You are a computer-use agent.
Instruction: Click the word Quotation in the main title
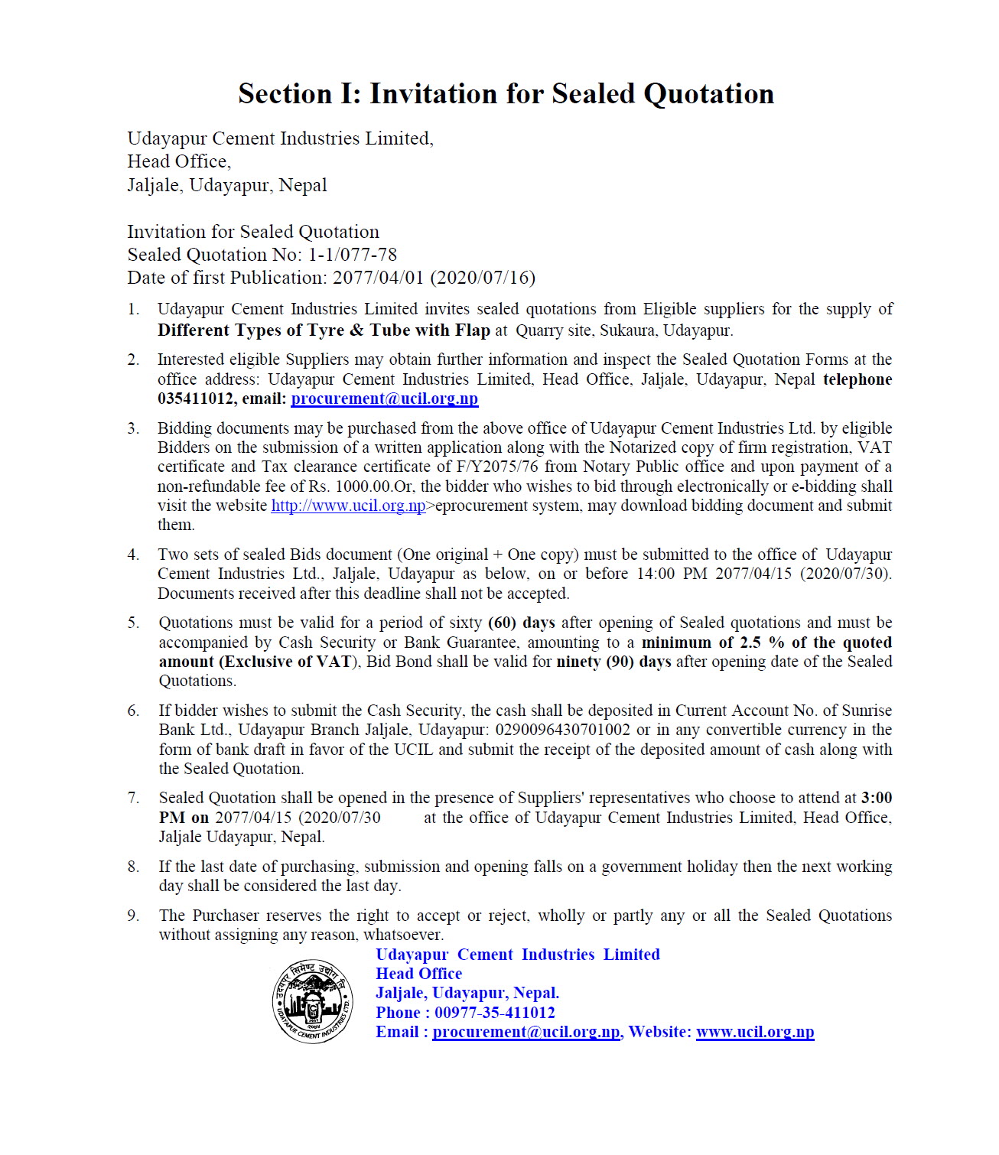(708, 94)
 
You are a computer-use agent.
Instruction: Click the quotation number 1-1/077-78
(353, 255)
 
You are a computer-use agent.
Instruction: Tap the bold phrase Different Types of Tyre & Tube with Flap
(324, 330)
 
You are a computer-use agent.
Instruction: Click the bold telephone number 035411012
(197, 399)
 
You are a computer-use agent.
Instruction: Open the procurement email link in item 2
(385, 399)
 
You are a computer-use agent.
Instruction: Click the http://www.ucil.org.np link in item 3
(348, 506)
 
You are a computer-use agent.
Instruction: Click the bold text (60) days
(521, 623)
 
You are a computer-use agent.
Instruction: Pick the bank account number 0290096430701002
(562, 730)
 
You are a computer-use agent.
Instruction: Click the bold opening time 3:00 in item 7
(877, 798)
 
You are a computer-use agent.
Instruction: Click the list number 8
(133, 867)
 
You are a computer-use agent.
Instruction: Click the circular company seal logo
(313, 1001)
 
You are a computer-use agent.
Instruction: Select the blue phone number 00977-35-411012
(494, 1013)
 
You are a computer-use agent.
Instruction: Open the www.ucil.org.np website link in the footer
(754, 1032)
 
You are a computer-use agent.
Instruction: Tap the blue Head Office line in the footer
(418, 974)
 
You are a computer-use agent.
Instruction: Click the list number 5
(133, 623)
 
